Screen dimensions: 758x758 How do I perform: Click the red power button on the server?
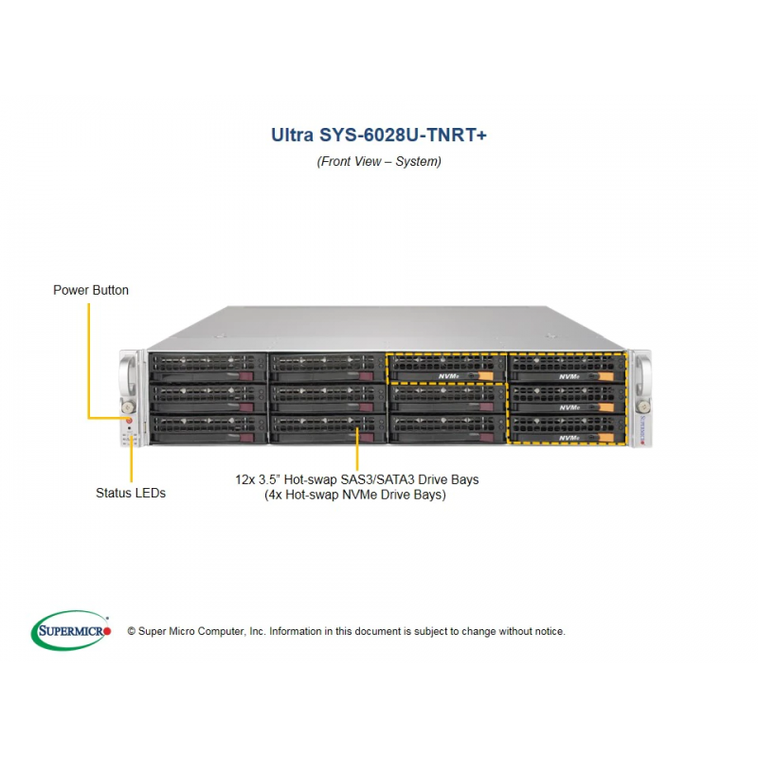pyautogui.click(x=129, y=421)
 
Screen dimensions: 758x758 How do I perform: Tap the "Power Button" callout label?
pyautogui.click(x=91, y=290)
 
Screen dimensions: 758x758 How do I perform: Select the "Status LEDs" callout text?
pyautogui.click(x=131, y=493)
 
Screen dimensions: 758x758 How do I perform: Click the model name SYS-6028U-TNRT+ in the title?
pyautogui.click(x=403, y=135)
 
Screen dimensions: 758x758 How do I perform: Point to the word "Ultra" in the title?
pyautogui.click(x=292, y=135)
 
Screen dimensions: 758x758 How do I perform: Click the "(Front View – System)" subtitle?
pyautogui.click(x=379, y=161)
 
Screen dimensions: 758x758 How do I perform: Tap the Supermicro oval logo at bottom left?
pyautogui.click(x=70, y=630)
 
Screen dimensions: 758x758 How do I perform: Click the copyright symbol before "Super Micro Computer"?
pyautogui.click(x=132, y=631)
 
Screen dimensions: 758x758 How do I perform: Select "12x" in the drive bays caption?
pyautogui.click(x=244, y=479)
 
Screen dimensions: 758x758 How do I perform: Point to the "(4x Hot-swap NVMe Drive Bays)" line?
pyautogui.click(x=355, y=495)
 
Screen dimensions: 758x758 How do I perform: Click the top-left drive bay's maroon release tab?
pyautogui.click(x=246, y=376)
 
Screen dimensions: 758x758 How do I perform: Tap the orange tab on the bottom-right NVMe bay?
pyautogui.click(x=606, y=438)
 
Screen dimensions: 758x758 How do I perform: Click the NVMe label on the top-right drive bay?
pyautogui.click(x=569, y=376)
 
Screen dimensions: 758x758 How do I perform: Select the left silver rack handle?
pyautogui.click(x=128, y=374)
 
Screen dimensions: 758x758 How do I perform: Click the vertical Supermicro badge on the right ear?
pyautogui.click(x=643, y=429)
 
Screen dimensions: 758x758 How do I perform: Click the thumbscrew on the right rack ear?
pyautogui.click(x=643, y=406)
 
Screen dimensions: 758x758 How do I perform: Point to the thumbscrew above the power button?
pyautogui.click(x=129, y=406)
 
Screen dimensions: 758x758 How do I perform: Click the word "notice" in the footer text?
pyautogui.click(x=550, y=631)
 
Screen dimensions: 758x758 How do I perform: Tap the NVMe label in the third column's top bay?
pyautogui.click(x=448, y=376)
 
